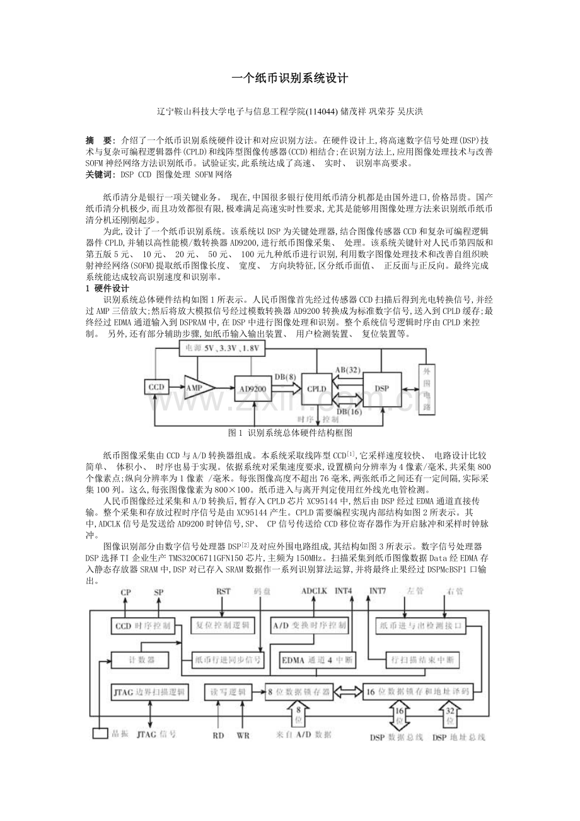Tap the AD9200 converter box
pos(253,388)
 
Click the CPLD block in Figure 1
pos(315,389)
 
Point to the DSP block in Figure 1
pos(381,389)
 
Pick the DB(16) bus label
pos(348,410)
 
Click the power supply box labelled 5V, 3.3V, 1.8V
pos(222,347)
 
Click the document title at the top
pos(290,79)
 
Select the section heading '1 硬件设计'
pos(107,288)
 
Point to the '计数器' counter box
pos(140,660)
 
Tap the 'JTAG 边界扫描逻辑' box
pos(149,692)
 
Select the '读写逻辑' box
pos(229,692)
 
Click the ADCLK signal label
pos(313,591)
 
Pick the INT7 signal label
pos(378,591)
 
